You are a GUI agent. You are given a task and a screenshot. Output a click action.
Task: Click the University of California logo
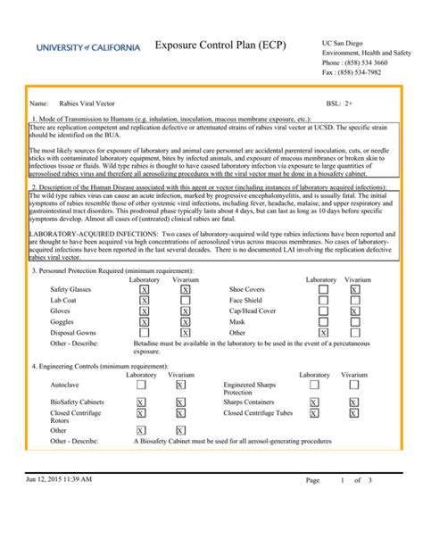(x=88, y=47)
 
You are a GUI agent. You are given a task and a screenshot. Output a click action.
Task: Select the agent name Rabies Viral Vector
(x=88, y=104)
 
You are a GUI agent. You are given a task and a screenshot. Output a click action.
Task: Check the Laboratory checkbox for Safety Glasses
(x=145, y=290)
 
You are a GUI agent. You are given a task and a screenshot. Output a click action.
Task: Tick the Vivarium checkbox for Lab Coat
(x=185, y=301)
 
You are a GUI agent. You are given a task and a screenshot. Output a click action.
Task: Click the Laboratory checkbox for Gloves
(x=145, y=311)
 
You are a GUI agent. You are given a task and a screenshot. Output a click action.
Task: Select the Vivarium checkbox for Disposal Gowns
(x=185, y=333)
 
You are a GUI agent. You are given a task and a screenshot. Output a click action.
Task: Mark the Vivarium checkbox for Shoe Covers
(x=354, y=290)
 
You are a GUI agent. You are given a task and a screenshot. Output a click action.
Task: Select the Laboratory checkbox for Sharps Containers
(x=314, y=402)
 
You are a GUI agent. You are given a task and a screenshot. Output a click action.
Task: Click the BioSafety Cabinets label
(x=76, y=402)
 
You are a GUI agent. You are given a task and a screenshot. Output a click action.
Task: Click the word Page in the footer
(x=311, y=505)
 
